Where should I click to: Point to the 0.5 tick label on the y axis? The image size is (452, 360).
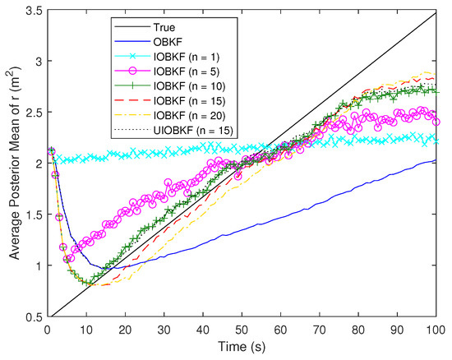click(30, 316)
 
